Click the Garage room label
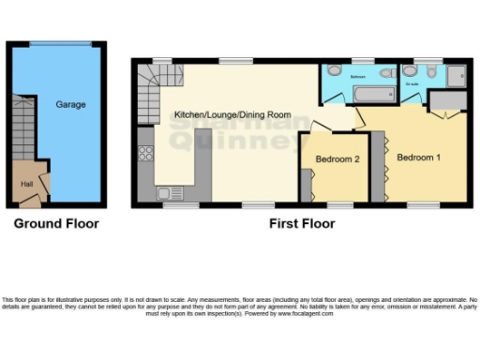(x=70, y=105)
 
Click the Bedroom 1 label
(x=418, y=157)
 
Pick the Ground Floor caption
(x=55, y=224)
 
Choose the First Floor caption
(x=302, y=224)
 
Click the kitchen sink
(x=169, y=193)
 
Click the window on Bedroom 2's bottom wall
(x=338, y=203)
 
